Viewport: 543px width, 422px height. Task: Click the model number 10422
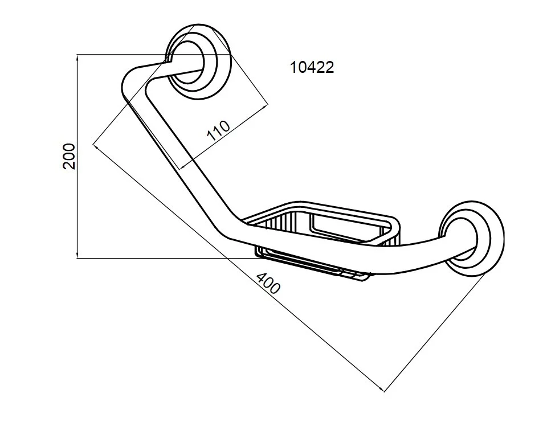(312, 67)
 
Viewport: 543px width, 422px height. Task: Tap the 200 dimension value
(69, 156)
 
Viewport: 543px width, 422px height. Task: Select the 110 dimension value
(219, 130)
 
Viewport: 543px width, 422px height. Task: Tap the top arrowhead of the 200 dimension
(77, 58)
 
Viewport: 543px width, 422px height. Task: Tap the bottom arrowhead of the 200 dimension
(77, 256)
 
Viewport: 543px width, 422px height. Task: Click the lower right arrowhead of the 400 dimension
(381, 390)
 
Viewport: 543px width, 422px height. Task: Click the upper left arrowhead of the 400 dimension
(96, 146)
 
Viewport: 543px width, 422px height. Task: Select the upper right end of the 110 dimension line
(268, 105)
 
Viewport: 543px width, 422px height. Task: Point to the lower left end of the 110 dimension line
(181, 169)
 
